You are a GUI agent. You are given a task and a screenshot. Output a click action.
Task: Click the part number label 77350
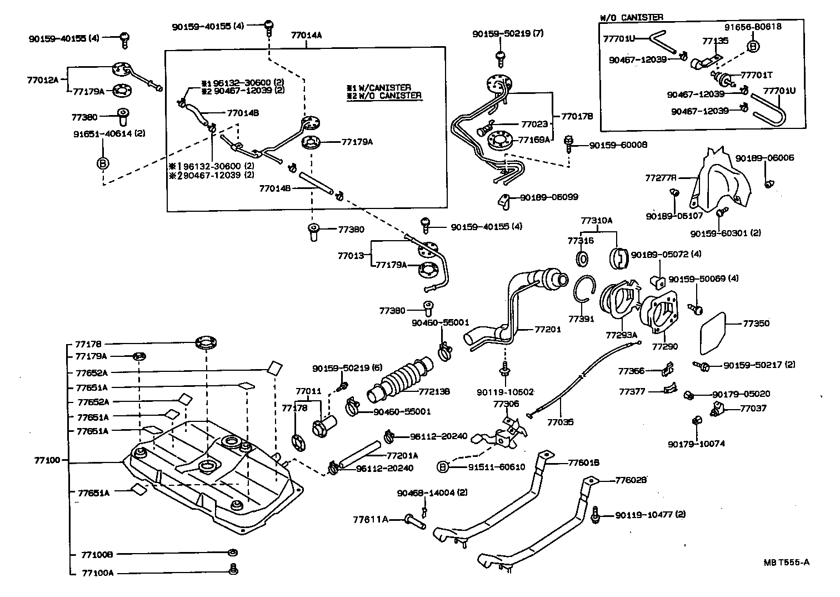coord(756,323)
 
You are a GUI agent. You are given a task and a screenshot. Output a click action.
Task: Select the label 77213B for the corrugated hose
coord(434,391)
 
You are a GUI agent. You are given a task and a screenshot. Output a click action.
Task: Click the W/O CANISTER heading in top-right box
coord(631,17)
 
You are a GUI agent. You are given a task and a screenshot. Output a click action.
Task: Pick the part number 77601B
coord(584,462)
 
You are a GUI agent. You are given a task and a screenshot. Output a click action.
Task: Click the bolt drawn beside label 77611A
coord(415,521)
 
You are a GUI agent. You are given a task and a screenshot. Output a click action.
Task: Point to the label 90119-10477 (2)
coord(650,515)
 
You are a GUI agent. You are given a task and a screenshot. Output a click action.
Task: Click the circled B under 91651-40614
coord(103,163)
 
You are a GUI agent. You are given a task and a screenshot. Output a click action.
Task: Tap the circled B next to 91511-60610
coord(443,467)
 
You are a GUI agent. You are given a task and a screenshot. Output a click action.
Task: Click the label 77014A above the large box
coord(306,35)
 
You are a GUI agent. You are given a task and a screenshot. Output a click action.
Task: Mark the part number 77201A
coord(402,455)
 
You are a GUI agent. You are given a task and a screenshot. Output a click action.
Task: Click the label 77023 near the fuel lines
coord(534,125)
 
